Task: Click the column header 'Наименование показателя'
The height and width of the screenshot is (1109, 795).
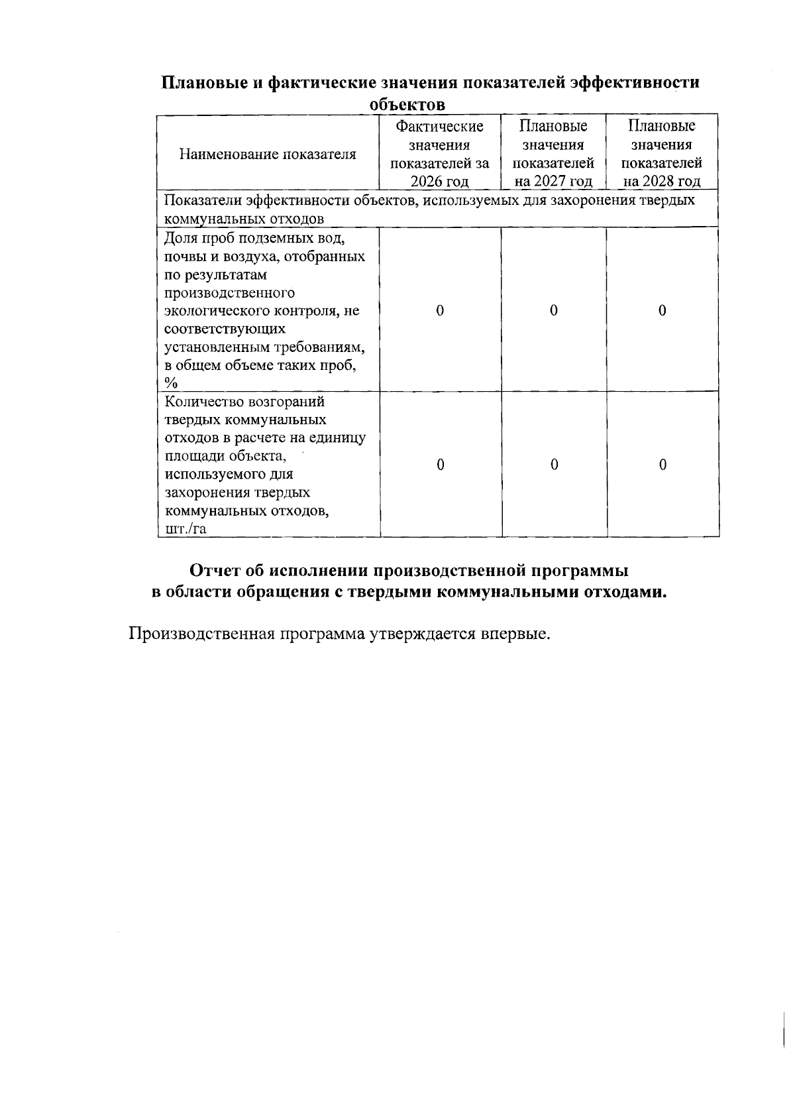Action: pos(268,154)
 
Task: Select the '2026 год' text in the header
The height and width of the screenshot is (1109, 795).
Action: pos(440,182)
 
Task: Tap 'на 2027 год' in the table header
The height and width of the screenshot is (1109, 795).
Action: pos(553,182)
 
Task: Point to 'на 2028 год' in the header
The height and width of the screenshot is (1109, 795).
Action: pos(662,182)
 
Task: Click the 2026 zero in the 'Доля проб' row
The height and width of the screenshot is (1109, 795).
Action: pos(440,310)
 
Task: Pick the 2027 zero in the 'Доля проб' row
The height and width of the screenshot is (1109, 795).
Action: pos(554,310)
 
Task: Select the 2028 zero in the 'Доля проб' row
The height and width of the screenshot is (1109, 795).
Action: pos(662,310)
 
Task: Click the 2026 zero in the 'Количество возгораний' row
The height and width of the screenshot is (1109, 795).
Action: pos(440,465)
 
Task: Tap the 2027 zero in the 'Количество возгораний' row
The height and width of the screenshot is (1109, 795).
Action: pos(554,465)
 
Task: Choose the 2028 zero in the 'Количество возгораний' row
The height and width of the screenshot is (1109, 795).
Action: pos(662,465)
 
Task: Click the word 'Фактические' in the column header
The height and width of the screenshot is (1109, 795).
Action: pos(440,127)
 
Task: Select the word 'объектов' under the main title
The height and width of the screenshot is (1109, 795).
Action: pos(407,105)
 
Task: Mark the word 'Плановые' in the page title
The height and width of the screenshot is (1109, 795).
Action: pos(207,83)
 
